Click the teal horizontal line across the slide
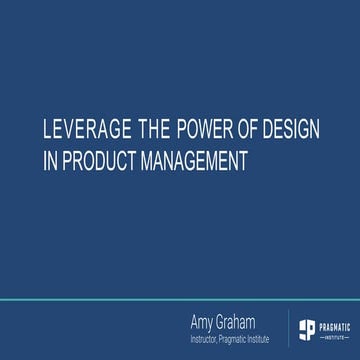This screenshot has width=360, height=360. (x=180, y=298)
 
